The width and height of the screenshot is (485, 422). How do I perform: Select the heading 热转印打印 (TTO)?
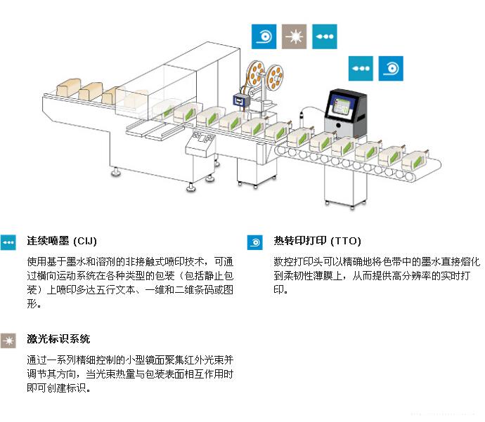point(317,241)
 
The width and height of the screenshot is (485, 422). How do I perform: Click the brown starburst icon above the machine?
point(294,36)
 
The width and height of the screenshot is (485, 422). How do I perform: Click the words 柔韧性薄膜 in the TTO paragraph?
point(309,275)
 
